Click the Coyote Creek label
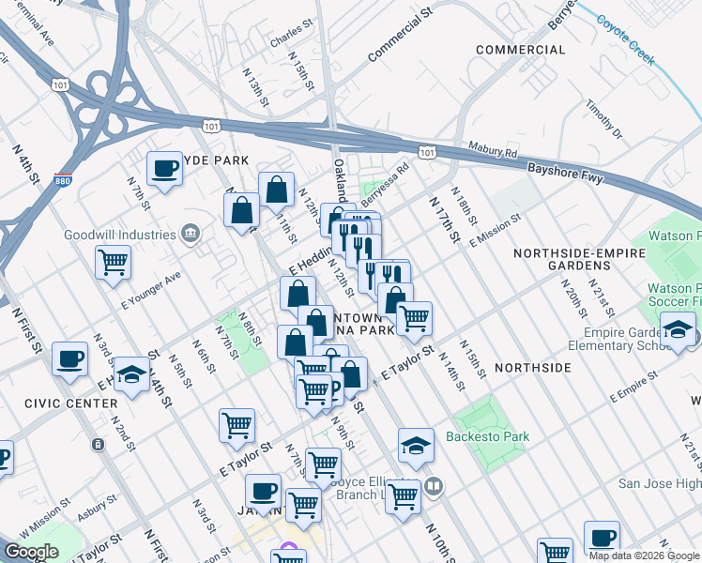coord(623,38)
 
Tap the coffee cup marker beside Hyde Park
coord(165,169)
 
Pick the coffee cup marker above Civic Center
coord(69,359)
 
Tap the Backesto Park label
coord(487,436)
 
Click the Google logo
coord(32,552)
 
